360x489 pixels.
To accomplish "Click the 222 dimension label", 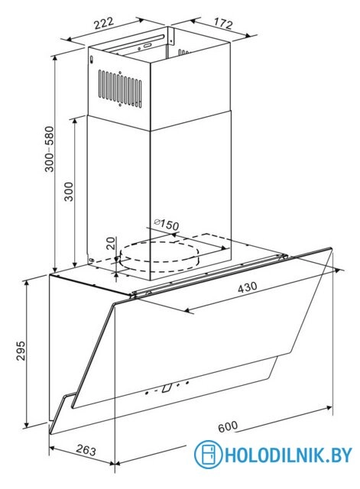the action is pos(104,24).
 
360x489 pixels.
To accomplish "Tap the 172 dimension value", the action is pos(223,23).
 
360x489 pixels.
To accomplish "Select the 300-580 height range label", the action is pos(49,149).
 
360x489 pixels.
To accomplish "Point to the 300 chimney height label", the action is pos(68,192).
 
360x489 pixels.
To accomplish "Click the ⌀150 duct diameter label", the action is pos(167,224).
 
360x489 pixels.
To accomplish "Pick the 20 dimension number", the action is pos(110,243).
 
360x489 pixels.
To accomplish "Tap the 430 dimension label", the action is pos(248,287).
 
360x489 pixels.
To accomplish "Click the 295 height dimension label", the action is pos(21,351).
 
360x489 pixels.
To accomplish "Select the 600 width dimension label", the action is pos(228,426).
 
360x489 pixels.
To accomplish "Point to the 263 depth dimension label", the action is pos(86,450).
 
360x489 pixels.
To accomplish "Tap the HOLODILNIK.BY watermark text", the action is pos(288,455).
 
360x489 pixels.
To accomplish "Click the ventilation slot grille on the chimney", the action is pos(120,89).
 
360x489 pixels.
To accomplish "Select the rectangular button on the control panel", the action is pos(167,387).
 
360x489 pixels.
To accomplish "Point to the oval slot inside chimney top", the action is pos(147,46).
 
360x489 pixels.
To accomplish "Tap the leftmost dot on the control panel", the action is pos(147,393).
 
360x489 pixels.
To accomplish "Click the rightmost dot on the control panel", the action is pos(187,382).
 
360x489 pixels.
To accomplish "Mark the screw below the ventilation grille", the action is pos(120,105).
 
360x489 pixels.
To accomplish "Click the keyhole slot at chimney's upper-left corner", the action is pos(91,60).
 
